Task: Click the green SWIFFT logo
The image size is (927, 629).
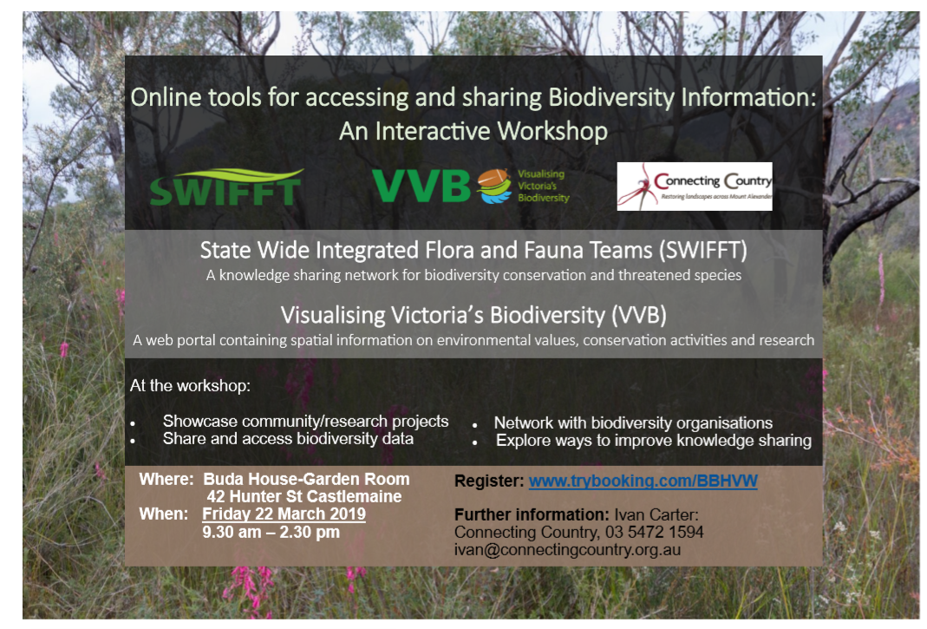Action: (x=226, y=187)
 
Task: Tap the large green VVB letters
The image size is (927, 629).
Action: (x=421, y=187)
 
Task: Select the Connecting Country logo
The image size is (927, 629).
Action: (x=695, y=187)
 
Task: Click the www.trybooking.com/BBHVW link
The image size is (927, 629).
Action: (x=643, y=481)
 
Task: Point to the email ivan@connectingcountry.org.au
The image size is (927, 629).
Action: (x=567, y=550)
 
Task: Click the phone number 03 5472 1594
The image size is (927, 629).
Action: (x=655, y=532)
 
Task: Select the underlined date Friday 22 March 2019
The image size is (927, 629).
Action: (x=284, y=514)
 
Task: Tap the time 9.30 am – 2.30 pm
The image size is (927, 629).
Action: (x=271, y=532)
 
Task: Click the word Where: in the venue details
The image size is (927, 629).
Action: (x=166, y=479)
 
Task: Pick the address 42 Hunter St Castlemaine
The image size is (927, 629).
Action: (x=304, y=496)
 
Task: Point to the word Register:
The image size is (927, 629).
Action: (x=489, y=482)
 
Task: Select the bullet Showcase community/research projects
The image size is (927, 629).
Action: (x=305, y=422)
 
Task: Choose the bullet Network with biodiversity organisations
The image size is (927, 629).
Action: (x=633, y=423)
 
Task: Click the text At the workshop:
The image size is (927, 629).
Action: (x=190, y=386)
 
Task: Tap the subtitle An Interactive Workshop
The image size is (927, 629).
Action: (x=473, y=131)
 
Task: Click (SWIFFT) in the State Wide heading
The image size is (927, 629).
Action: (x=703, y=250)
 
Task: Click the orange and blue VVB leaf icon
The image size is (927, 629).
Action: (x=494, y=186)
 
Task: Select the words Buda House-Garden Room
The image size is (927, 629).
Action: (x=306, y=479)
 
